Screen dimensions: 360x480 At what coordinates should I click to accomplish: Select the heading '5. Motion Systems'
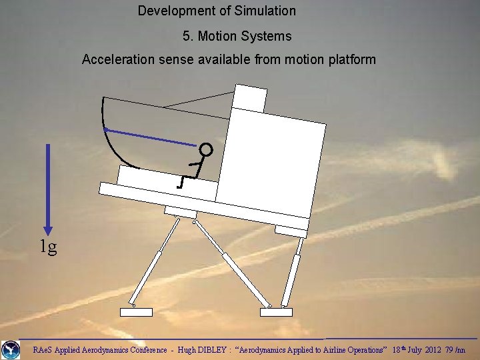pos(237,36)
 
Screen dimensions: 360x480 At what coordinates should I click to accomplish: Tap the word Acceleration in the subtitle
pos(119,60)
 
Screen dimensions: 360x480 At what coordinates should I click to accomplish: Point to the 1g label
pos(47,248)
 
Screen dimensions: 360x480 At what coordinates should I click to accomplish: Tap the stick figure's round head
pos(206,150)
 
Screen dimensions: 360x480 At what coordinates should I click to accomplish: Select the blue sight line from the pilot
pos(150,137)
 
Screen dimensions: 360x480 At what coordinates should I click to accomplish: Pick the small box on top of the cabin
pos(250,98)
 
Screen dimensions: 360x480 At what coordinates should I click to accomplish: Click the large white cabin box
pos(270,160)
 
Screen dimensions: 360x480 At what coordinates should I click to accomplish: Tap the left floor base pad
pos(136,312)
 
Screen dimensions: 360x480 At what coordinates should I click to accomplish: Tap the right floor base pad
pos(276,312)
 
